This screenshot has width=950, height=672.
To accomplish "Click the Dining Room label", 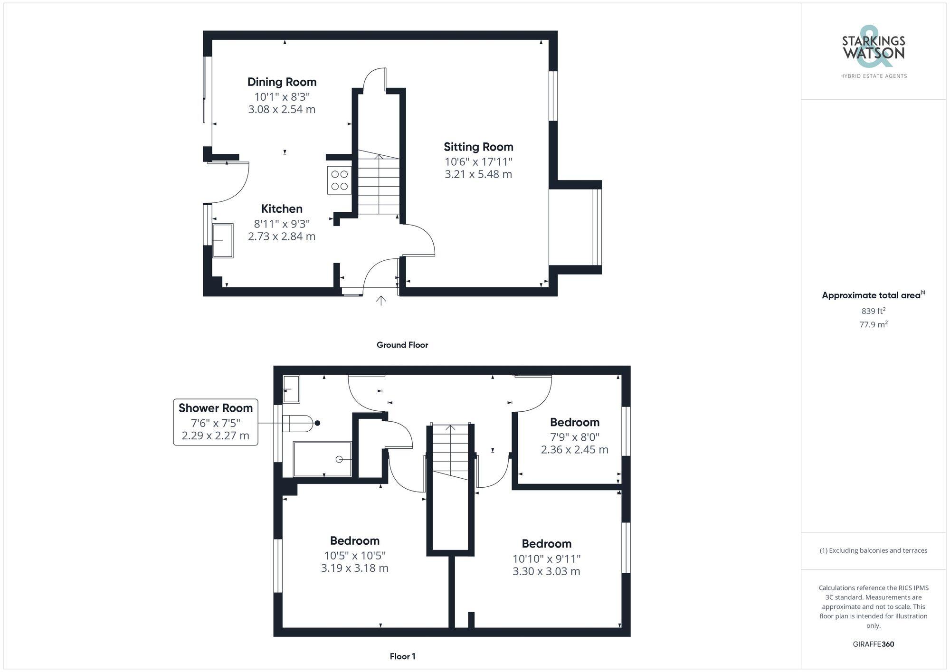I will (x=282, y=82).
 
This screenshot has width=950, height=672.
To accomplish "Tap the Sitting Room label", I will (x=478, y=147).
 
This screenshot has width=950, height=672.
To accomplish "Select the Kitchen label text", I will (x=282, y=209).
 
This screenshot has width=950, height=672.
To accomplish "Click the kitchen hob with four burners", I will (x=339, y=180).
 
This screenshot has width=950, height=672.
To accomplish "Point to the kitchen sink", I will (x=223, y=240).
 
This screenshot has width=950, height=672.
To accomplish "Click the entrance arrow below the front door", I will (x=381, y=300).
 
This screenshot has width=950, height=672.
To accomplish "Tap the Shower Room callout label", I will (x=216, y=408).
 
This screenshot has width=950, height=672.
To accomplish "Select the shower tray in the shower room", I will (x=323, y=459).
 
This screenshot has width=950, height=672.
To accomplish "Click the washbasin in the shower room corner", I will (x=291, y=389).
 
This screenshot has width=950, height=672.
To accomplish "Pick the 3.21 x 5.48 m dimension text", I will (x=478, y=174).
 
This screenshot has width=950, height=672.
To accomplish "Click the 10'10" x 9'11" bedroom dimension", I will (x=546, y=559).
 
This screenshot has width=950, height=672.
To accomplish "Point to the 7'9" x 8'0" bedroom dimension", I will (x=575, y=437).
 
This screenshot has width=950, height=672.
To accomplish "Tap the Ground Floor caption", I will (x=402, y=345).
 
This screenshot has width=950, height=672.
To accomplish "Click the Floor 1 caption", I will (x=402, y=657).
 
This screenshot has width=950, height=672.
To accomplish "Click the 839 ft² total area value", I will (x=873, y=312).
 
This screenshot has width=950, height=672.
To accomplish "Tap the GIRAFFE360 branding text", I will (x=873, y=644).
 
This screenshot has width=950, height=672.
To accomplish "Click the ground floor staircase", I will (x=379, y=185).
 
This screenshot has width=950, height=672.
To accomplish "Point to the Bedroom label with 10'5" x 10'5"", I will (x=355, y=541).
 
